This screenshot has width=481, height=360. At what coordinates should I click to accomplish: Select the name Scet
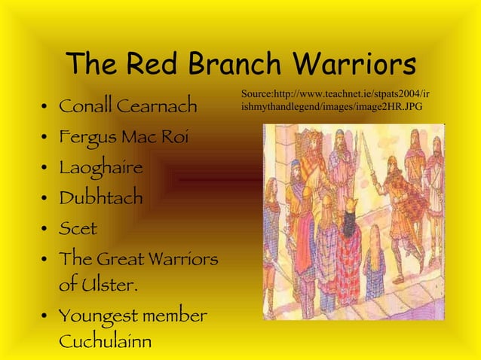(78, 227)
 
